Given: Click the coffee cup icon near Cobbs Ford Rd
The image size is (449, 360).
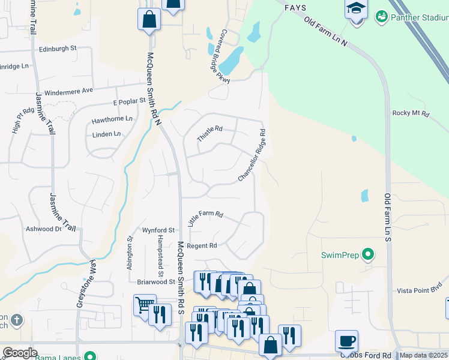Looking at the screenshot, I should click(x=346, y=341).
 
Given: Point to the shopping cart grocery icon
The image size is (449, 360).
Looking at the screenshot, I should click(x=145, y=305).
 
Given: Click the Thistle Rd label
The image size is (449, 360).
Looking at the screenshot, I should click(x=210, y=134).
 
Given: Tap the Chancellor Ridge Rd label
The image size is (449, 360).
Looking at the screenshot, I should click(x=252, y=155).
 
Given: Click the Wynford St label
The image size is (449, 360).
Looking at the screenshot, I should click(x=158, y=230).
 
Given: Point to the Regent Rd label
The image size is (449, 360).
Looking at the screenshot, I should click(x=201, y=246).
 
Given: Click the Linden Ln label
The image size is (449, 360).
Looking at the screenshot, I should click(x=107, y=134).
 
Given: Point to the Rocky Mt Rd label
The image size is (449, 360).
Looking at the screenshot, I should click(x=411, y=113).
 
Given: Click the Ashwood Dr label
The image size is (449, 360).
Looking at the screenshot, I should click(x=44, y=229).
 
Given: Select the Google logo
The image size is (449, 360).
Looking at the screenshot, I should click(x=20, y=353).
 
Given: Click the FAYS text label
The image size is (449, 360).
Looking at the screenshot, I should click(x=296, y=8).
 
